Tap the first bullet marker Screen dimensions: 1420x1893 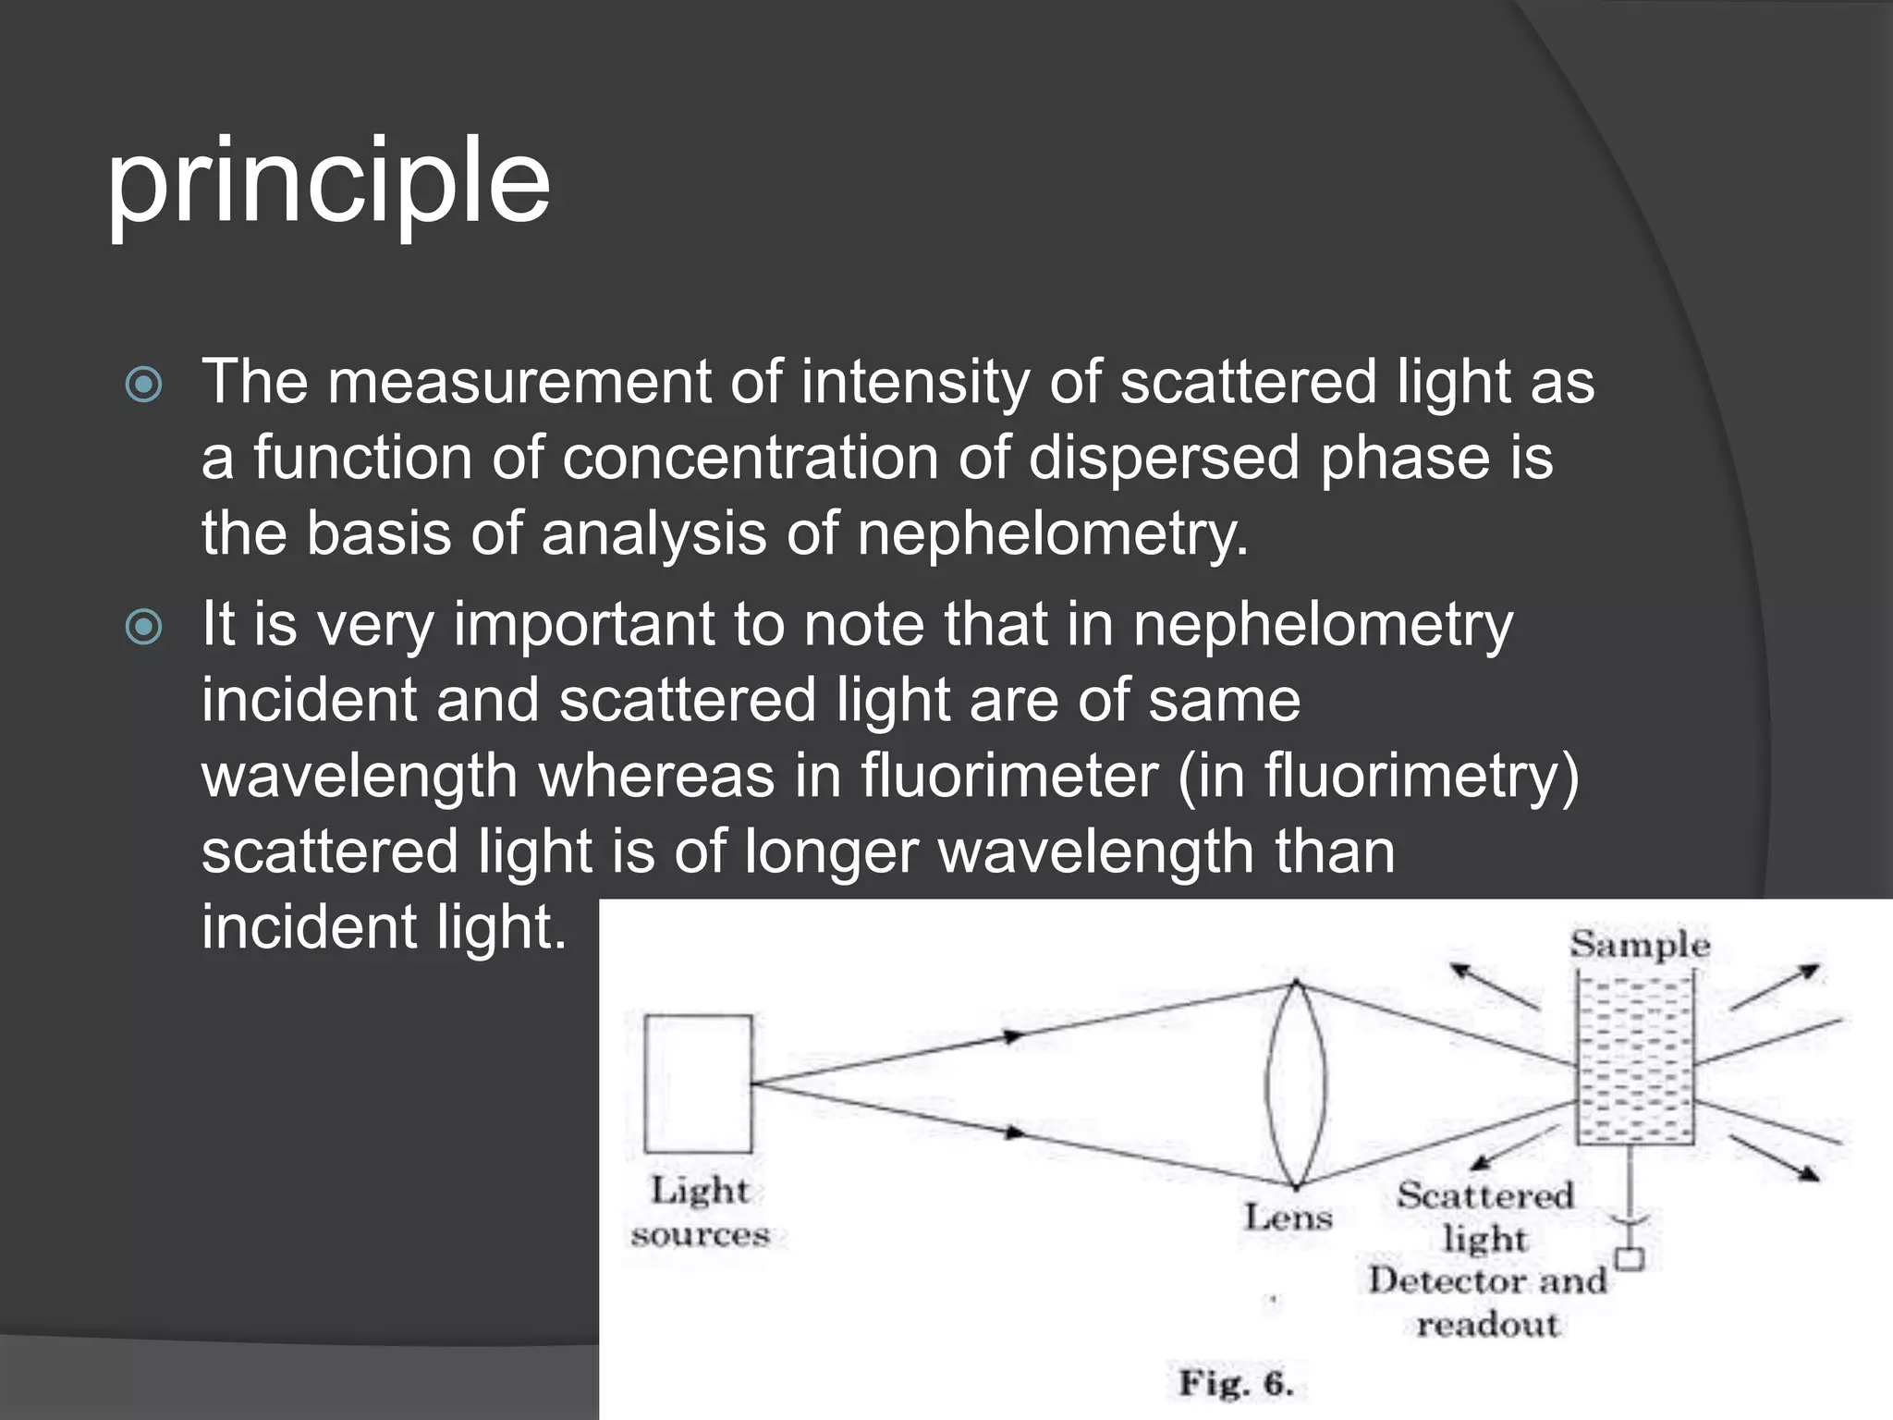(143, 385)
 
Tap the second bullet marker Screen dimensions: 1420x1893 (143, 628)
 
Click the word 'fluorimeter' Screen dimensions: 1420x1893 (1008, 776)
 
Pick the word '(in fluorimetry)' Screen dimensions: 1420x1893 (1378, 776)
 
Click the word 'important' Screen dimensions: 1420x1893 (583, 625)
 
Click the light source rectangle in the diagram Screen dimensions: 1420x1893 (698, 1083)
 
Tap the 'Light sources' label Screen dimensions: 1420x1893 (700, 1212)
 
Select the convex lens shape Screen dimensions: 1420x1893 (1296, 1084)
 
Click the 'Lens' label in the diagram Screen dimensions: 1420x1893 (1288, 1218)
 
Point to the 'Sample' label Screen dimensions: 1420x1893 (1640, 944)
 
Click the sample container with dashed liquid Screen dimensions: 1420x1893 (1634, 1059)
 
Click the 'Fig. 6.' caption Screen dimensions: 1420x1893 (1235, 1384)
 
